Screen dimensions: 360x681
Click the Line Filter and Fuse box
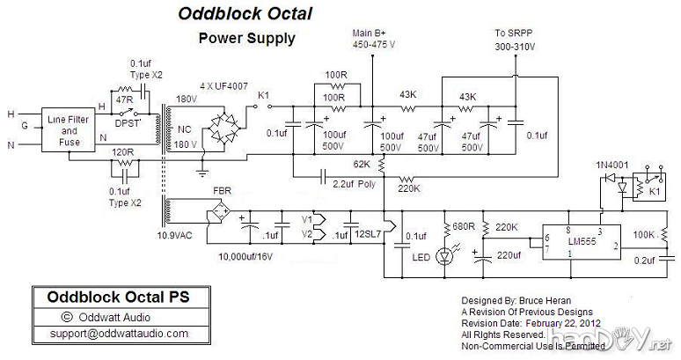[x=71, y=130]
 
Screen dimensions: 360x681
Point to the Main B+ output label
[x=372, y=33]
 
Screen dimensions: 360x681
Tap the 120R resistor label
[x=121, y=151]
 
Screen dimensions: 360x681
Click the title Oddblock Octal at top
[x=245, y=14]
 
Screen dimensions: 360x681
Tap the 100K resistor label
[x=645, y=235]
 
